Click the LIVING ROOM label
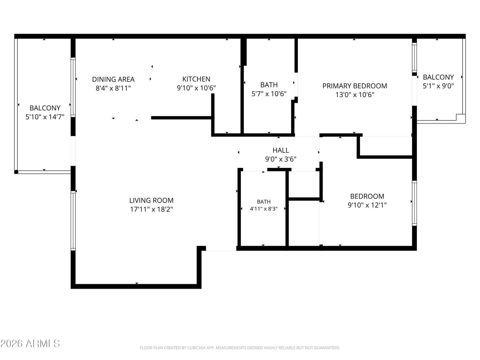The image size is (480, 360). click(151, 200)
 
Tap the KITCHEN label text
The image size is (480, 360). click(196, 79)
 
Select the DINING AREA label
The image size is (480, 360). click(113, 79)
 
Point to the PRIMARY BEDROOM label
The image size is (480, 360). click(355, 86)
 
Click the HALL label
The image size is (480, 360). click(281, 150)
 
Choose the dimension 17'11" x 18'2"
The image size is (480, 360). click(151, 209)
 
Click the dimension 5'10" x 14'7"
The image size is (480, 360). click(45, 117)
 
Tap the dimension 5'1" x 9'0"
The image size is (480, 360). click(438, 86)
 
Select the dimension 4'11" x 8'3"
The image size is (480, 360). click(264, 209)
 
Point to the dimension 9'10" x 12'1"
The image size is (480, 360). click(367, 205)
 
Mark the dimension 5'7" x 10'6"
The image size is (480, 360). click(269, 94)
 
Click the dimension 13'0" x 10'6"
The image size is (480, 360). click(355, 95)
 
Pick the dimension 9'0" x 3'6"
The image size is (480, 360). click(281, 159)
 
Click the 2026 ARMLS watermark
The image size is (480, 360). click(30, 343)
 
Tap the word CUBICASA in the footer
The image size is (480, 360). click(195, 348)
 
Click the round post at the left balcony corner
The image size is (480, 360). click(16, 172)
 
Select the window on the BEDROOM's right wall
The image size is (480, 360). click(414, 203)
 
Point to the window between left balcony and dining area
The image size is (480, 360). click(73, 87)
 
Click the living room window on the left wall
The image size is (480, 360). click(73, 220)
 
